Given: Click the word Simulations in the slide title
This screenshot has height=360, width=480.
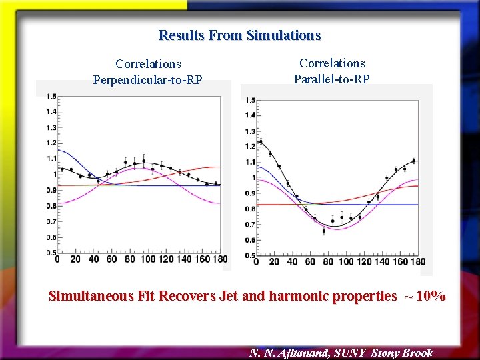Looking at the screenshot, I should (283, 35).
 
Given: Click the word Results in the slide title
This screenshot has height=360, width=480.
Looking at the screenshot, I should (181, 35).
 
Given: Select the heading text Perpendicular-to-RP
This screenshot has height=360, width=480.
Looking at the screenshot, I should (147, 80).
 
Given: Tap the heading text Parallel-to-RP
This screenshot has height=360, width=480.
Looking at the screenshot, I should (332, 79).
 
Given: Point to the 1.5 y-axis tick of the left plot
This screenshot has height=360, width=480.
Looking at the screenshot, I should (51, 96).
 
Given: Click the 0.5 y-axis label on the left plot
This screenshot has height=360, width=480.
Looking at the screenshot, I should (51, 253).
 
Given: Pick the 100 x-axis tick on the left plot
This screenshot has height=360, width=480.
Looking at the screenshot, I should (147, 259).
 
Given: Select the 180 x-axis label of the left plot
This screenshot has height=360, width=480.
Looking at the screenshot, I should (219, 259).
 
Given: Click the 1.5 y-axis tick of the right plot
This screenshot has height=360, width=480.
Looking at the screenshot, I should (250, 100).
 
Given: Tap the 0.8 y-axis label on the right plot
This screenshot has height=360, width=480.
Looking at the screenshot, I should (250, 209).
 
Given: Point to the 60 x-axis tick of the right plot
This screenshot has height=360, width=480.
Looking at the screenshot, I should (310, 261).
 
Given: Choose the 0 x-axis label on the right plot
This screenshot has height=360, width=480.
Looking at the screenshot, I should (256, 261).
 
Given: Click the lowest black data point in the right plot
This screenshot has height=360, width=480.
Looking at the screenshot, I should (324, 231).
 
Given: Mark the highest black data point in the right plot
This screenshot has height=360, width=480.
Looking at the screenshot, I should (261, 141).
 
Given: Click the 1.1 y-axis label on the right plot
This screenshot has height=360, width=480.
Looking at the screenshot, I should (250, 162).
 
